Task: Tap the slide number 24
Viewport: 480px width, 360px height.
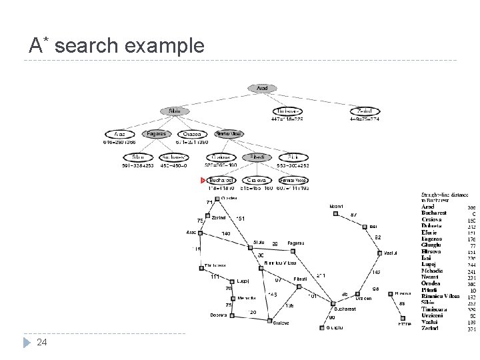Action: [x=41, y=343]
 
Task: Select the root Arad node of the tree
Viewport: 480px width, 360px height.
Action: [x=262, y=88]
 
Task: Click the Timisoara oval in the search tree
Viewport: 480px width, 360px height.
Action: [x=287, y=111]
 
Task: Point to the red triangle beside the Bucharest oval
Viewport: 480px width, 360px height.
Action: [x=203, y=180]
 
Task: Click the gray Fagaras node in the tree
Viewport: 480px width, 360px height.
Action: [x=156, y=134]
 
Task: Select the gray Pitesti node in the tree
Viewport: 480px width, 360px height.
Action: [x=256, y=157]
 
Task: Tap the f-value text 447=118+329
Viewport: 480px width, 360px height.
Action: [x=287, y=120]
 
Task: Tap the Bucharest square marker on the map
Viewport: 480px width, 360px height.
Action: [x=332, y=304]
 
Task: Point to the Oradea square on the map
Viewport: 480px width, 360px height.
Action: [x=216, y=199]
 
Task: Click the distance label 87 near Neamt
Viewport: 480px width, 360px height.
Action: [x=353, y=215]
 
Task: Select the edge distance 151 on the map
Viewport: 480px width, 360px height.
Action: [x=241, y=218]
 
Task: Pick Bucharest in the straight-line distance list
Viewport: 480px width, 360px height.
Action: [x=438, y=213]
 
